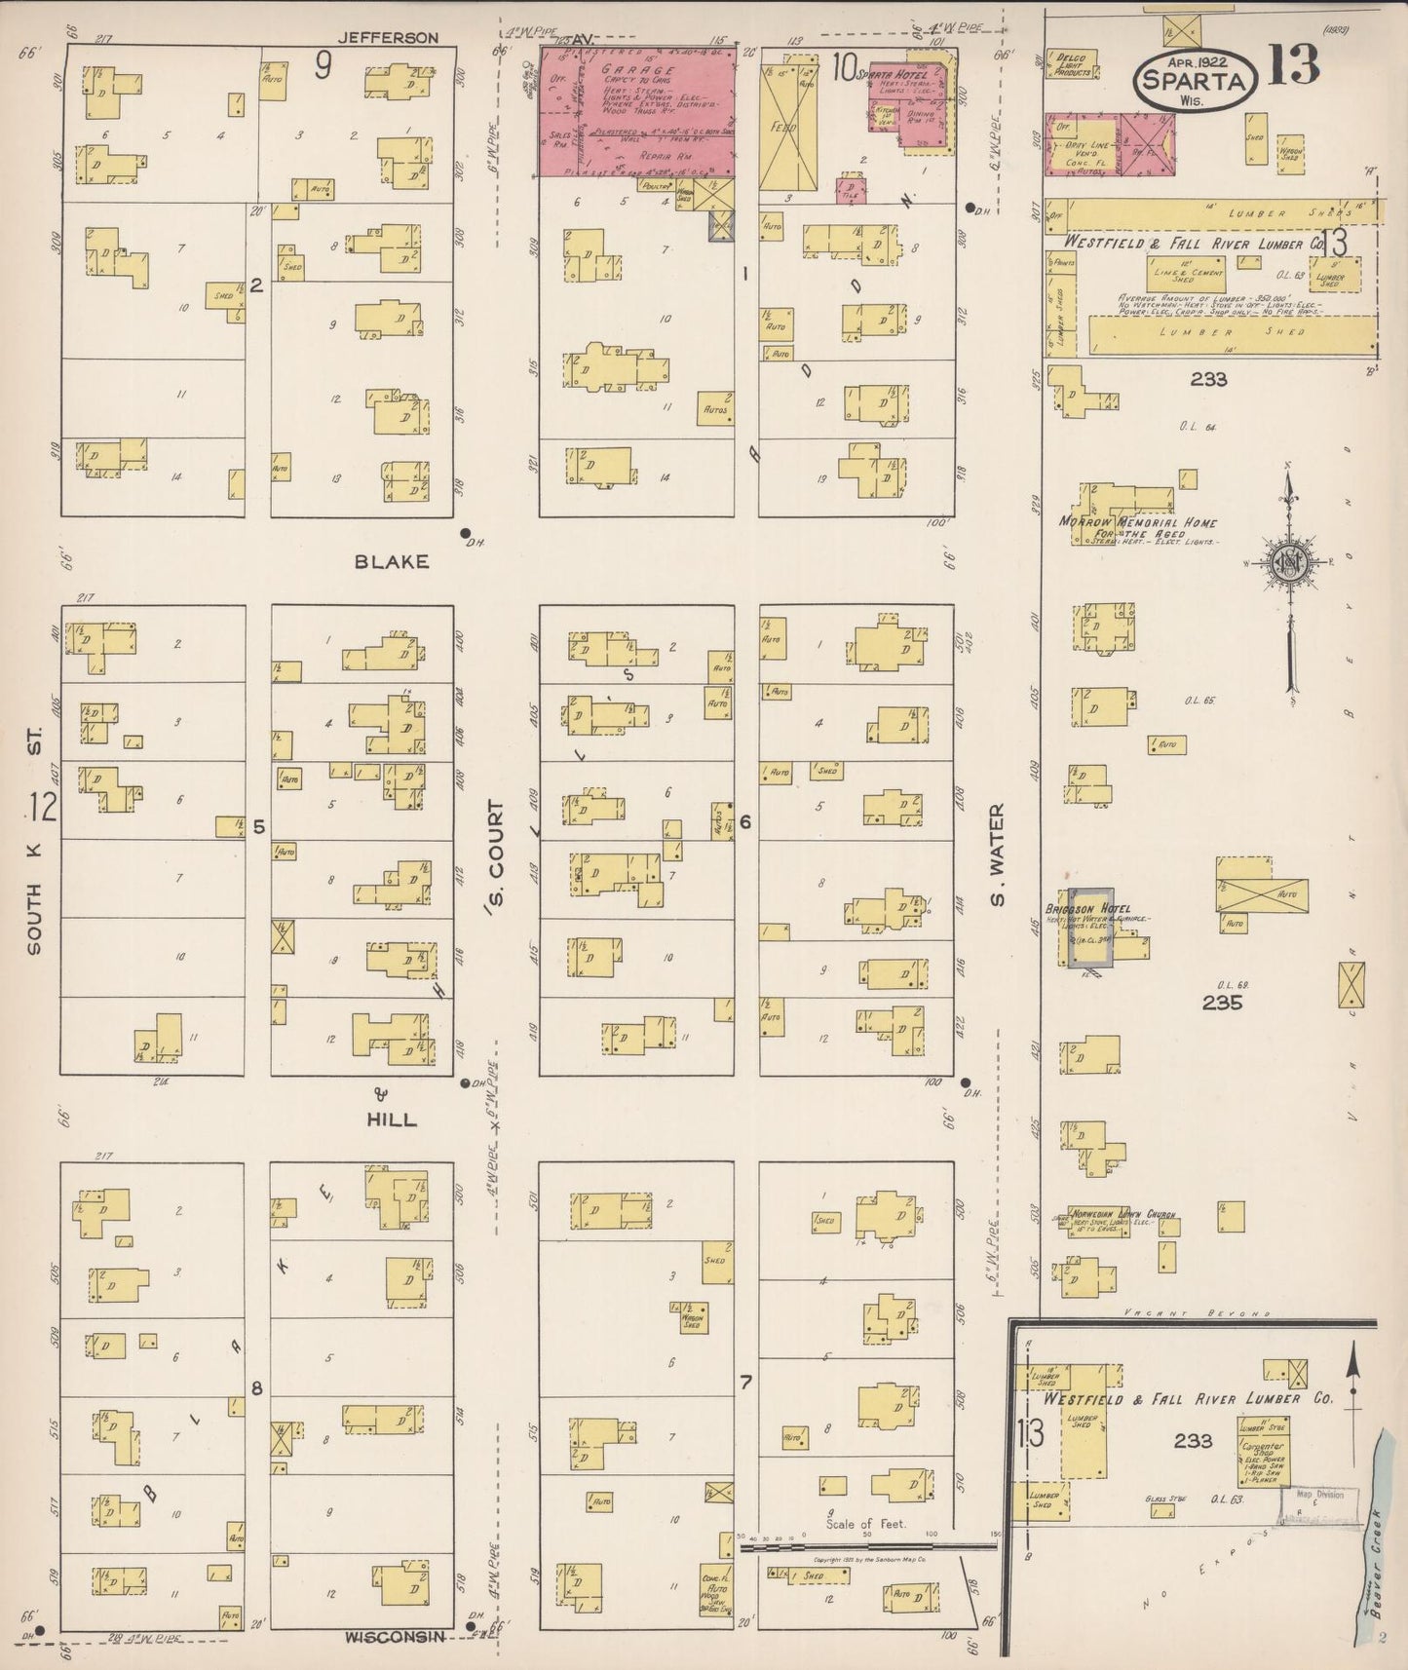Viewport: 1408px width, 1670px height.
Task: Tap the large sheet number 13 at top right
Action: coord(1293,65)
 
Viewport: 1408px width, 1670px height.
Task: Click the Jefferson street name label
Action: coord(388,38)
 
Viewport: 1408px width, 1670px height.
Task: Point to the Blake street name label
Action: coord(391,562)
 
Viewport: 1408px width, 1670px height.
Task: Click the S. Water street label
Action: coord(998,854)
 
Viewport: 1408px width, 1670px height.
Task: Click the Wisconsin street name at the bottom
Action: coord(395,1637)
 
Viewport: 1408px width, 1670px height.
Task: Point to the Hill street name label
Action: coord(391,1120)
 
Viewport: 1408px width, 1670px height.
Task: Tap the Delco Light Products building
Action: coord(1072,63)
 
